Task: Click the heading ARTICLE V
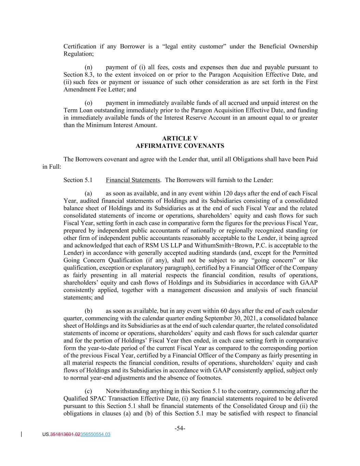180,138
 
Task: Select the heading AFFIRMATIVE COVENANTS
180,146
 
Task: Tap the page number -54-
180,428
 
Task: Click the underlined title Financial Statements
133,180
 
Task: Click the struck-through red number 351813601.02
65,435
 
